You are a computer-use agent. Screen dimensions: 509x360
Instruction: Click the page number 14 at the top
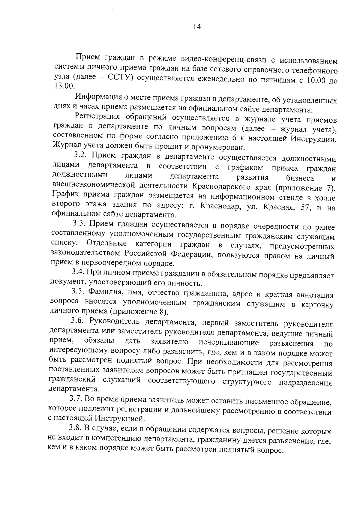(x=196, y=27)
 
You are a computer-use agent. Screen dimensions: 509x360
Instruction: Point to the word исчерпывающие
(x=229, y=343)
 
